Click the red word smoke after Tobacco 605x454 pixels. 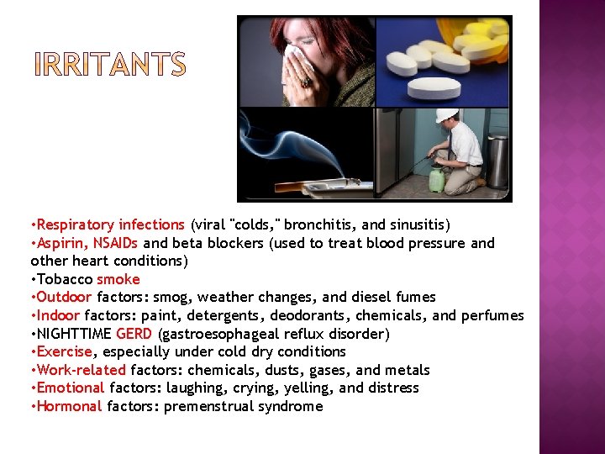click(x=118, y=279)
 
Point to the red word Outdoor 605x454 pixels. click(x=65, y=297)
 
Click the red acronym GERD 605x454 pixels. click(x=134, y=334)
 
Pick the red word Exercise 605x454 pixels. click(x=64, y=351)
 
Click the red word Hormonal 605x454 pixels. click(x=69, y=406)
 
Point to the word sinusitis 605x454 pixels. click(x=418, y=224)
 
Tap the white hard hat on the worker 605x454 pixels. click(x=447, y=114)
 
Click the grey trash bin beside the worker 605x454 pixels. click(x=497, y=160)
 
